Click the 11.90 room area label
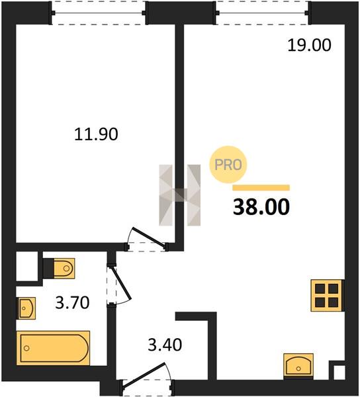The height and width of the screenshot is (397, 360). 96,134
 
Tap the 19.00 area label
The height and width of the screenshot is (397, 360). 309,45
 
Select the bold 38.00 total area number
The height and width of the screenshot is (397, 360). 261,207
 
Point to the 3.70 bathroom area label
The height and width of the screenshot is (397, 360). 72,302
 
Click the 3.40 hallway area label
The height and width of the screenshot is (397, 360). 165,345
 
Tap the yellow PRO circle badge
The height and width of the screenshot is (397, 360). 228,165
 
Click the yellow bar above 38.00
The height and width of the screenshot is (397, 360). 261,188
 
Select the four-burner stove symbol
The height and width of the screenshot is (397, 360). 326,295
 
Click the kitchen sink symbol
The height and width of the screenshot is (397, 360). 298,365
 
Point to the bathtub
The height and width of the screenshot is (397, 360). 53,348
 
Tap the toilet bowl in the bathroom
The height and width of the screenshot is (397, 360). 64,269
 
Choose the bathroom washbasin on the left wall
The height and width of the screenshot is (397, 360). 26,308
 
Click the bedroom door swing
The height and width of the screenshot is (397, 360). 148,238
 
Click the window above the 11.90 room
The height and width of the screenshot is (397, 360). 99,13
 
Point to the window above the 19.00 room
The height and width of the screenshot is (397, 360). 263,13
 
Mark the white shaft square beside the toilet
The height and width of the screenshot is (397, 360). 27,266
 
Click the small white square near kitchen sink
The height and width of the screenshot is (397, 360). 339,373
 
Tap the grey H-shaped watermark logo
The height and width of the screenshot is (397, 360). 180,195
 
